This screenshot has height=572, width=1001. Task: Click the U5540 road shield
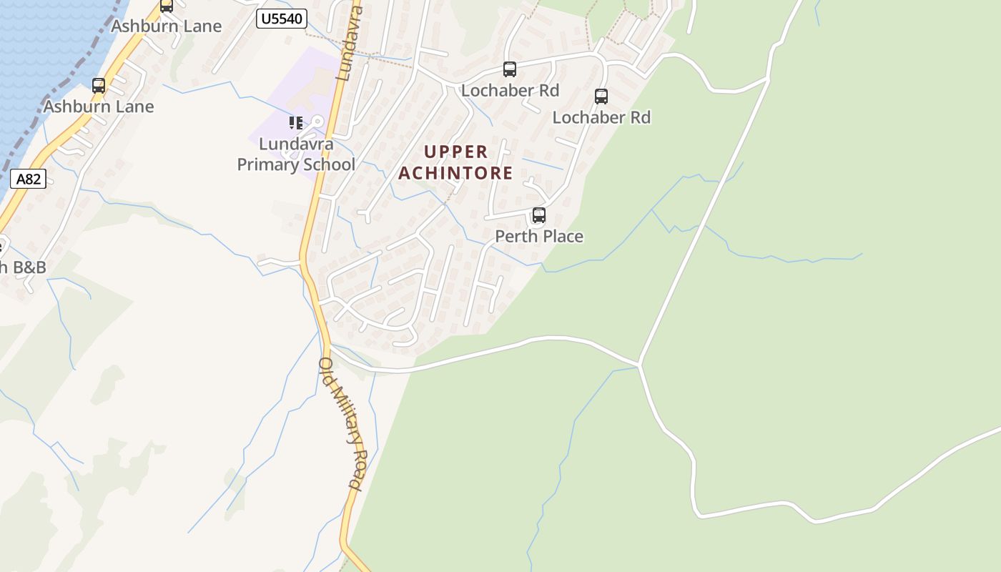tap(282, 19)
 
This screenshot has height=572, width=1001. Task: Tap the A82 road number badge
tap(29, 179)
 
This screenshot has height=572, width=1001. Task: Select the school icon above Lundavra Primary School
tap(296, 123)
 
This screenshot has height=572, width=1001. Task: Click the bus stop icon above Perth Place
tap(539, 214)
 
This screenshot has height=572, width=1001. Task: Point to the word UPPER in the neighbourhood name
tap(456, 152)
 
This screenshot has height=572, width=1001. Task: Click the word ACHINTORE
tap(456, 173)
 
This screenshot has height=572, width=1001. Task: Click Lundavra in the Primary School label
tap(296, 144)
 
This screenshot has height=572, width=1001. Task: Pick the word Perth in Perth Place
tap(515, 236)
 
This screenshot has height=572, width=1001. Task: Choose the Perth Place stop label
tap(539, 236)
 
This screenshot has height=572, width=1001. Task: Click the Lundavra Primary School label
tap(296, 154)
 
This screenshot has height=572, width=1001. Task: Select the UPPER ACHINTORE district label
tap(456, 162)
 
